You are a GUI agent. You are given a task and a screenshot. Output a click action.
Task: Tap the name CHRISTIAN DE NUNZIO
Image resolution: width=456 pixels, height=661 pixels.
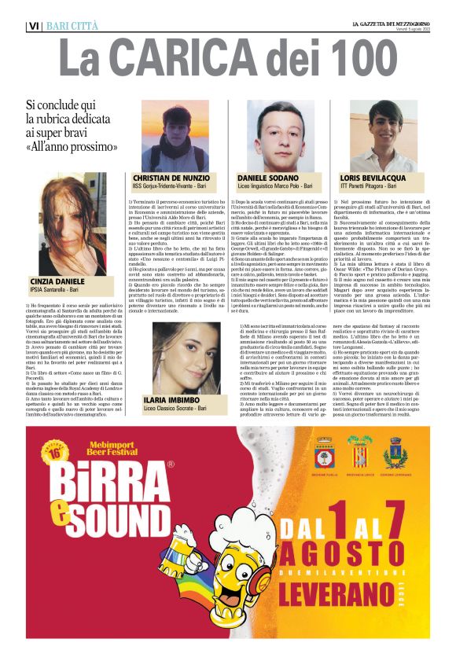pyautogui.click(x=171, y=179)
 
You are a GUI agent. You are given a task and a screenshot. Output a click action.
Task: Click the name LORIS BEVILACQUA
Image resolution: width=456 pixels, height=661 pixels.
pyautogui.click(x=372, y=179)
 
